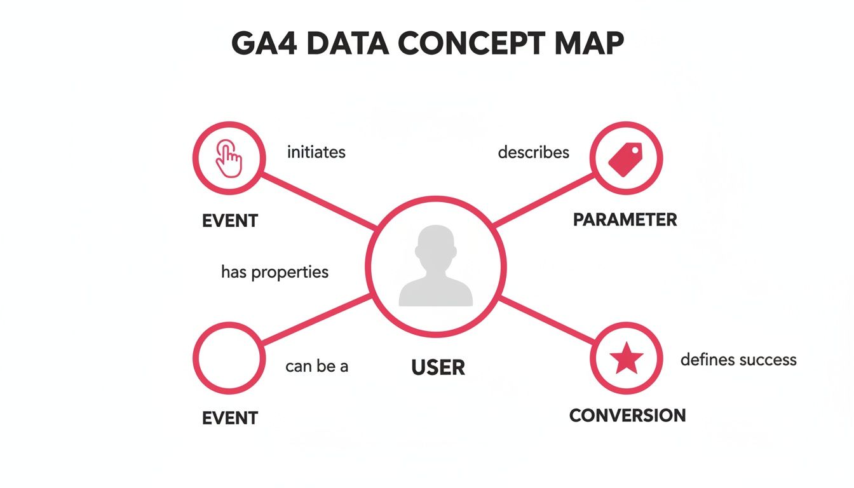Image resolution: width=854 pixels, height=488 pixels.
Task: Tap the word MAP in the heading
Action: point(588,44)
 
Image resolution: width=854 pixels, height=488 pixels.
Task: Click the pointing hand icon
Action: point(229,158)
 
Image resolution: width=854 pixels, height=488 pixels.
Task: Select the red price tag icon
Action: point(626,158)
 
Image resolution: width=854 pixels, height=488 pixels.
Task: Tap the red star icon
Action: point(627,359)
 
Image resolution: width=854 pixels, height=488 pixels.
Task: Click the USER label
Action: point(438,367)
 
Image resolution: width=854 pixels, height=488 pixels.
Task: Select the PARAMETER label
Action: point(625,220)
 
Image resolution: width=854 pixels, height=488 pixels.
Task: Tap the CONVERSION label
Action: point(627,416)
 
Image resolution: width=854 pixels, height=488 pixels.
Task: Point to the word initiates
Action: point(316,152)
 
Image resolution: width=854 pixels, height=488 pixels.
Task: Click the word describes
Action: point(533,152)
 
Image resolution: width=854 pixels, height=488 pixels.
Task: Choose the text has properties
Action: point(274,273)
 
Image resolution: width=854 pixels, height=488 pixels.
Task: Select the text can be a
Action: point(316,367)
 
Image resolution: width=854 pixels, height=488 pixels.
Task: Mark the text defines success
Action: point(738,360)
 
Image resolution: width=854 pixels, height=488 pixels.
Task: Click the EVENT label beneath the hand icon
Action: point(229,221)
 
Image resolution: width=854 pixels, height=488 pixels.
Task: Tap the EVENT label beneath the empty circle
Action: point(229,418)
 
